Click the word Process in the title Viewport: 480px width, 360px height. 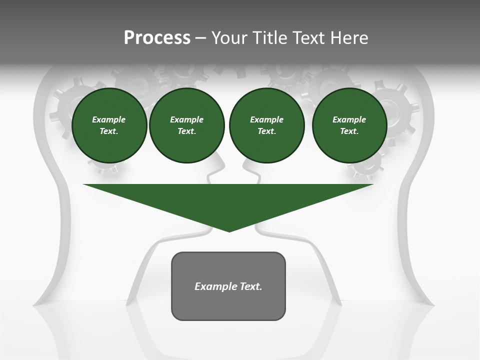[157, 38]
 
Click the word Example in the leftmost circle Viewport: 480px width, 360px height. [109, 119]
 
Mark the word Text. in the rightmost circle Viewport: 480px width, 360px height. [349, 131]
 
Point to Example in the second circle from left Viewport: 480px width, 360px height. [187, 119]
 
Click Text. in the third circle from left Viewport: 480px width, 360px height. [266, 131]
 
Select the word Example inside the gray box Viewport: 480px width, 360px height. [215, 286]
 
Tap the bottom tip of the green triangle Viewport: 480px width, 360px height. [229, 230]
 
